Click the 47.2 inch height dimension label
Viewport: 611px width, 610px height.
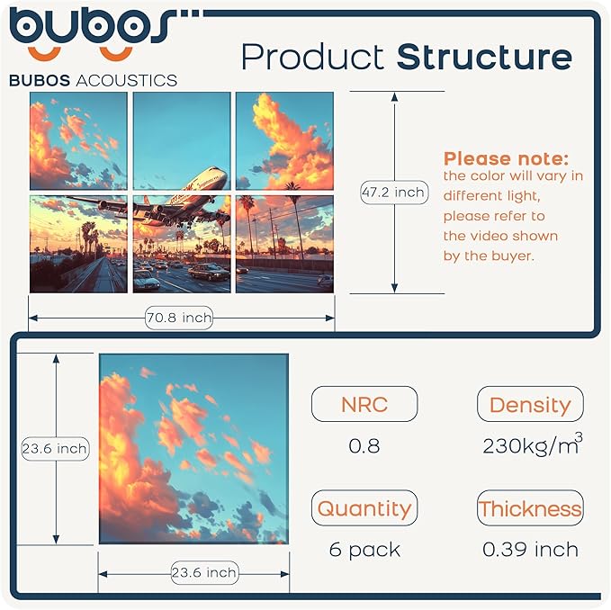click(393, 192)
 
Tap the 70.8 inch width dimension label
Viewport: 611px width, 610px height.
click(179, 317)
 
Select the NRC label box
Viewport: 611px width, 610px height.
click(364, 405)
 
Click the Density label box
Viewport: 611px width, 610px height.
click(530, 405)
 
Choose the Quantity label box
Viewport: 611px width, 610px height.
click(364, 508)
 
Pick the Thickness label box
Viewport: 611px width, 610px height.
click(530, 508)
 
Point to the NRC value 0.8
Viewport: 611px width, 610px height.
click(364, 445)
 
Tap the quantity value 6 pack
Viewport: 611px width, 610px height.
click(364, 549)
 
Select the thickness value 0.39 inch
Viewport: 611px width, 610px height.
click(530, 549)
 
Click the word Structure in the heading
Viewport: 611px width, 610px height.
click(484, 57)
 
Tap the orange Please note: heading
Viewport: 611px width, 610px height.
click(506, 158)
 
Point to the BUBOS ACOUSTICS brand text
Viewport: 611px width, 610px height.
click(93, 80)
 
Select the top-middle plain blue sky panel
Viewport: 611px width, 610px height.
click(182, 140)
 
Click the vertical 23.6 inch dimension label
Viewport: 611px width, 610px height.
click(55, 448)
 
